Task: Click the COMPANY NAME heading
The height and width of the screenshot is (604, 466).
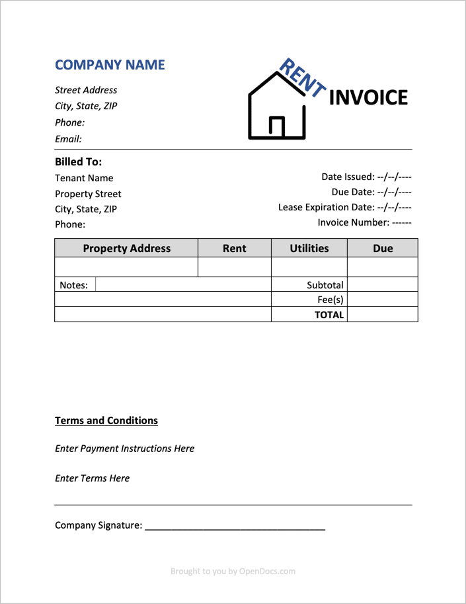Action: pos(110,65)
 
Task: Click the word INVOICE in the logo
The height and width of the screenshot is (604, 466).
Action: pos(368,98)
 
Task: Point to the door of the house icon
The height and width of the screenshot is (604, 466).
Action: pos(277,126)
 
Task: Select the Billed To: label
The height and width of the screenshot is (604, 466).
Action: pos(78,161)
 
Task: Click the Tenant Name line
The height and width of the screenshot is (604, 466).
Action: pos(84,178)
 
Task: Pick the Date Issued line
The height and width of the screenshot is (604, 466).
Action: pos(366,177)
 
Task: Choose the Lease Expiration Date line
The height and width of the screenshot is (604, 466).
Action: pos(345,207)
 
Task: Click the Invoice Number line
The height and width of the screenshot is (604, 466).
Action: pos(364,222)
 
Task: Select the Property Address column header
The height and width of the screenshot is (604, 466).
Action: pos(126,249)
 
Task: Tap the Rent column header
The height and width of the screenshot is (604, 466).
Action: pos(234,249)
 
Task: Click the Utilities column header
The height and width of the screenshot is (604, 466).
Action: pos(309,249)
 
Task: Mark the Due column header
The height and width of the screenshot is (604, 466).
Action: pos(383,249)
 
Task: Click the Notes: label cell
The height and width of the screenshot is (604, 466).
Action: pos(74,285)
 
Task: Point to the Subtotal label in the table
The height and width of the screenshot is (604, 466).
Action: pos(325,285)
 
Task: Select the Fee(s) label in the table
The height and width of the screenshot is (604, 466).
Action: pos(330,300)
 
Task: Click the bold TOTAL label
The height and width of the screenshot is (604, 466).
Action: pos(329,315)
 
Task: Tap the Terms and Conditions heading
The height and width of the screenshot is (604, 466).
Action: pos(106,421)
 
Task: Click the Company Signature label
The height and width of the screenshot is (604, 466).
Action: pos(98,525)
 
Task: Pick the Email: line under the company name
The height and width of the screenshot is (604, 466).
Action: pos(68,139)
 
